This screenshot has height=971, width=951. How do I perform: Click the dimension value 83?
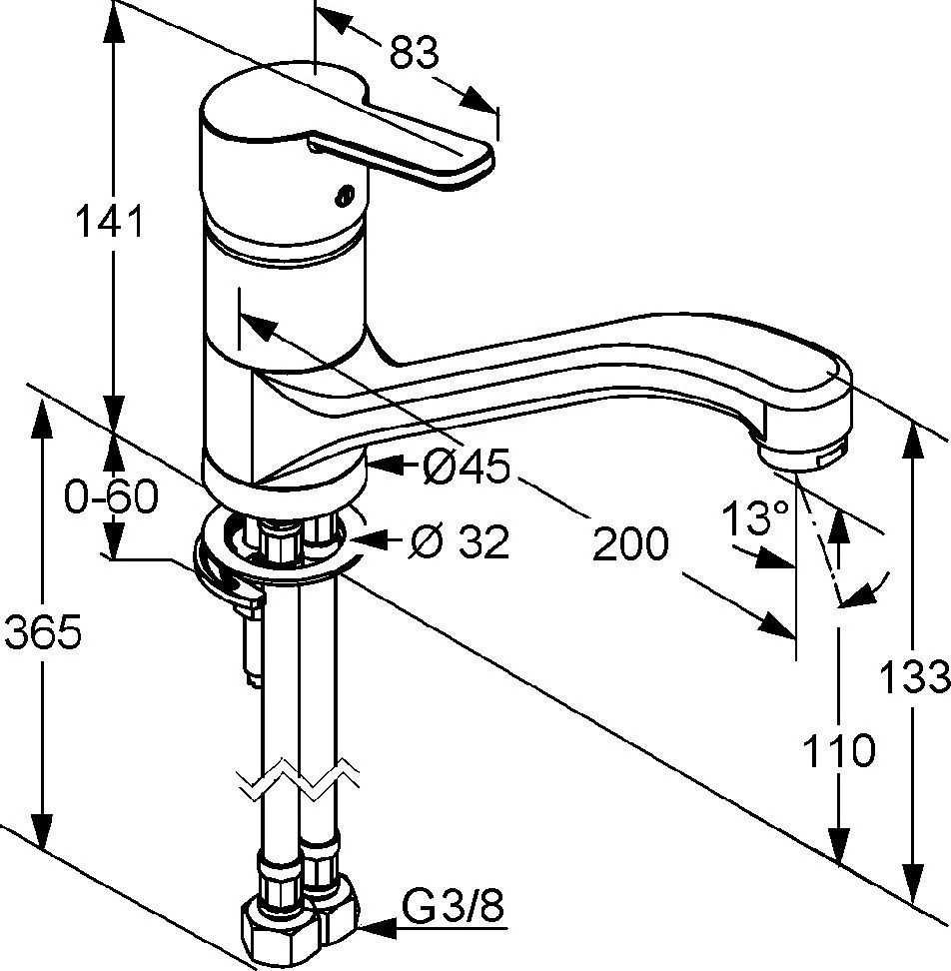(414, 54)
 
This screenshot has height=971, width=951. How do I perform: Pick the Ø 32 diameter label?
(461, 541)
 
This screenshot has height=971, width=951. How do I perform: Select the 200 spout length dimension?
(629, 543)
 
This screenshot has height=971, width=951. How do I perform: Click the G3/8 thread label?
(453, 909)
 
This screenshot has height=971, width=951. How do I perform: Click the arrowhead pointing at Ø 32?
(367, 541)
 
